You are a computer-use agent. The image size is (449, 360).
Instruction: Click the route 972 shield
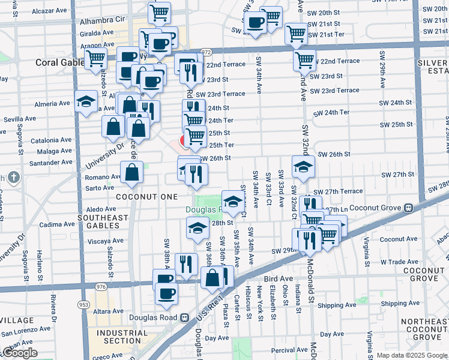(x=206, y=52)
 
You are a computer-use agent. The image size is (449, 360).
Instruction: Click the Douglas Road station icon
(x=185, y=317)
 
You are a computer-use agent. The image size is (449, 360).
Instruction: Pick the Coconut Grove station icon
(x=409, y=208)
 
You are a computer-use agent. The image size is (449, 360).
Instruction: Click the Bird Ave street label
(x=276, y=280)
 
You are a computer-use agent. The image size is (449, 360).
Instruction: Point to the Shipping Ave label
(x=337, y=305)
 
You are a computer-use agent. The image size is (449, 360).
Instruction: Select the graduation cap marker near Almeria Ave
(x=86, y=101)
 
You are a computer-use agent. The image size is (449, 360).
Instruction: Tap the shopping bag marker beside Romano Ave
(x=131, y=173)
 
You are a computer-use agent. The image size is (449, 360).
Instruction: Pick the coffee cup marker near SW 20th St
(x=255, y=23)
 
